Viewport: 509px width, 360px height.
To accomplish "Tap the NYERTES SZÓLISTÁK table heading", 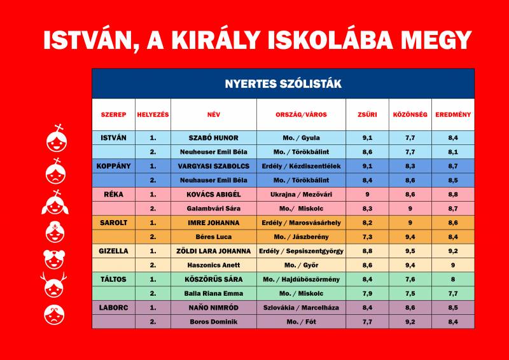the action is coord(283,84).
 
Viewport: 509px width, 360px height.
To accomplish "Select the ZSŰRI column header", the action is coord(367,114).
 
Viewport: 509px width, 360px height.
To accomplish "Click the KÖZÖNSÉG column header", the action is coord(410,114).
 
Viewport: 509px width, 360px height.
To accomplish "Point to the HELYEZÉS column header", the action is coord(153,114).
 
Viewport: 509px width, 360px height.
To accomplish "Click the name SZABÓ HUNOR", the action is coord(213,137).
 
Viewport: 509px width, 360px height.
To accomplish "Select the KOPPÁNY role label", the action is coord(114,166).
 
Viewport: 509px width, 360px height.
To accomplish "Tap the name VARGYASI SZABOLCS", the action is coord(213,166).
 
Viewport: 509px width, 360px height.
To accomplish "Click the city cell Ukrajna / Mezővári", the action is coord(301,195).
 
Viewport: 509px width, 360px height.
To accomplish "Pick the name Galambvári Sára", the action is coord(213,209).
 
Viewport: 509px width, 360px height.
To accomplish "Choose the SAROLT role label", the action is coord(114,223).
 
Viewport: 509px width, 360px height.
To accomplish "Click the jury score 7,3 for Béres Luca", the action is coord(367,237).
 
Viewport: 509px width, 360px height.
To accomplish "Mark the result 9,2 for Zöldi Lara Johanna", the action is coord(453,251).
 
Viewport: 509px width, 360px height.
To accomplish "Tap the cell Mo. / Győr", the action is coord(301,265).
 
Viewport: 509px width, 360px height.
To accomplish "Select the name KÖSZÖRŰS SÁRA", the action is coord(213,279).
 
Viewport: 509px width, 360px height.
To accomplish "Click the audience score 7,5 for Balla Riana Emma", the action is coord(410,293).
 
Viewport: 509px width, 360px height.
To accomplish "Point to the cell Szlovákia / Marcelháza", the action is coord(301,307).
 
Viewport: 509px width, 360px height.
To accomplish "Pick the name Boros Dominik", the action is coord(213,322).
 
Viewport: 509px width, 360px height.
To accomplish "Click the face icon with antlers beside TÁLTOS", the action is coord(54,285).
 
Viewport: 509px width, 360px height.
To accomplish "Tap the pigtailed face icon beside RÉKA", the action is coord(55,202).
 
